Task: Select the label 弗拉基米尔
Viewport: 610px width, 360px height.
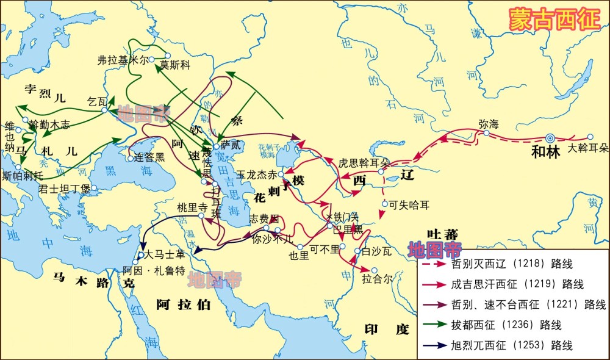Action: click(123, 60)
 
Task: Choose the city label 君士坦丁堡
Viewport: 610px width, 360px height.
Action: click(64, 189)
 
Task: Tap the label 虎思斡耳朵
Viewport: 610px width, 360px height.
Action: click(364, 164)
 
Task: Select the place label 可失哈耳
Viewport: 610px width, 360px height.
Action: click(409, 204)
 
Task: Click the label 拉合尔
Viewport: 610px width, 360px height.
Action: click(375, 279)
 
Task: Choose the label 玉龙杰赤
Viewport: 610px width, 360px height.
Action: click(256, 174)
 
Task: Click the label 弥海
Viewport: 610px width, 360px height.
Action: click(489, 124)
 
